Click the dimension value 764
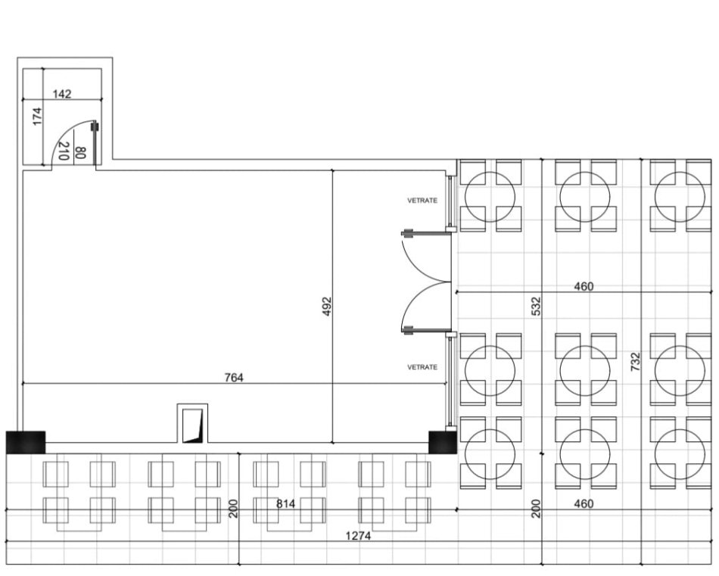click(x=234, y=377)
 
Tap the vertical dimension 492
click(x=327, y=306)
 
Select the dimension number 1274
click(x=359, y=536)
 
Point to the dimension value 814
click(x=285, y=504)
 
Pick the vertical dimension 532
click(x=536, y=306)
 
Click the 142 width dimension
click(x=62, y=94)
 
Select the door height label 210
click(x=64, y=151)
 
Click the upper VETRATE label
click(x=422, y=201)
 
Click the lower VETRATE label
click(x=422, y=367)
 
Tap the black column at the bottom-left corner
click(x=26, y=442)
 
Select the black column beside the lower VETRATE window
click(x=442, y=442)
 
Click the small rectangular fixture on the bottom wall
click(x=191, y=425)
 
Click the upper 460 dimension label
click(x=584, y=286)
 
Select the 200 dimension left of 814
click(x=233, y=509)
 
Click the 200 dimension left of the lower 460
click(x=536, y=509)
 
